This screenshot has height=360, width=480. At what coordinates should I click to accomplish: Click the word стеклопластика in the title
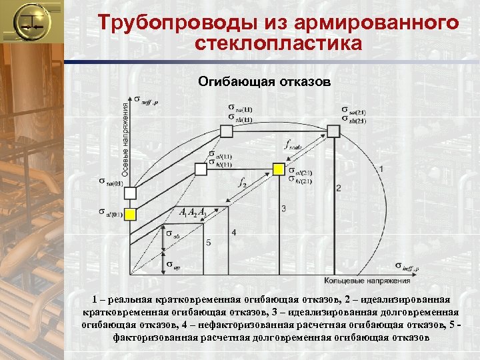pyautogui.click(x=279, y=44)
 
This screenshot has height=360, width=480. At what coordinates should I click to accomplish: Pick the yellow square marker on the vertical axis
pyautogui.click(x=131, y=214)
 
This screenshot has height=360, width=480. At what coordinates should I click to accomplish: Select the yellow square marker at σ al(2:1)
pyautogui.click(x=278, y=169)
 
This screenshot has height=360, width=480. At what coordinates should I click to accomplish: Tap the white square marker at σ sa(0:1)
pyautogui.click(x=131, y=193)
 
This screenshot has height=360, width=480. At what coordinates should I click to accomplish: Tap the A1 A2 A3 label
pyautogui.click(x=194, y=213)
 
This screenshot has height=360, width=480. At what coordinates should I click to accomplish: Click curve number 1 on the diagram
pyautogui.click(x=380, y=170)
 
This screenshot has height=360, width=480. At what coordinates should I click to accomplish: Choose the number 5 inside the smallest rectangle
pyautogui.click(x=209, y=243)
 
